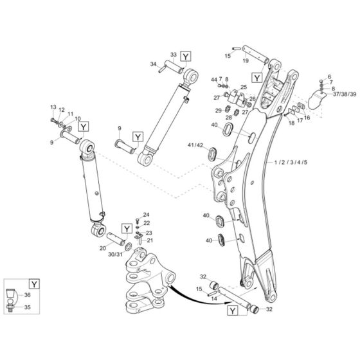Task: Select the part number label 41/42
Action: click(196, 145)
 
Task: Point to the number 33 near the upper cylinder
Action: click(173, 55)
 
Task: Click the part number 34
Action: click(154, 64)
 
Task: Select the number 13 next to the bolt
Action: click(53, 105)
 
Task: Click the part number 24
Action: click(146, 214)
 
